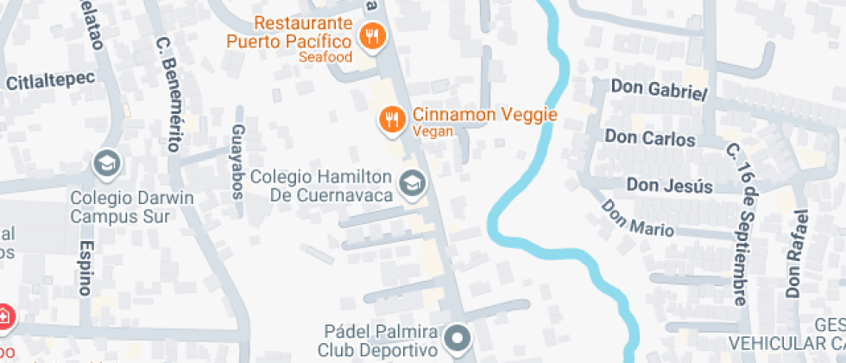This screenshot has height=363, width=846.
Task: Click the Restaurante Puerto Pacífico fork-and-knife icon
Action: [x=373, y=36]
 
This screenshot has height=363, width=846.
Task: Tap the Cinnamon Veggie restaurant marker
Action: [x=392, y=119]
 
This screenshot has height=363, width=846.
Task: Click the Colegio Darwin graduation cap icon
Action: [x=107, y=162]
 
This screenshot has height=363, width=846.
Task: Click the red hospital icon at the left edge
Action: [x=3, y=316]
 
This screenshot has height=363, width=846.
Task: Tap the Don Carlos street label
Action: [x=650, y=138]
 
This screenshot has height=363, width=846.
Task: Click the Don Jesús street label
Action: [x=669, y=185]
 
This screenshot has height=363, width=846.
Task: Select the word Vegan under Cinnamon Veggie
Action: [x=427, y=132]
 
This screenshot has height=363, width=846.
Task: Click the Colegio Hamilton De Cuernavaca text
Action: [x=322, y=185]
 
